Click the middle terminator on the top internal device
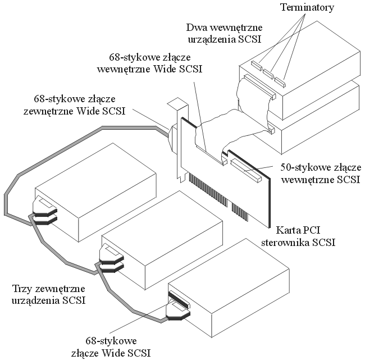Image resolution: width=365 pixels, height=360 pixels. pyautogui.click(x=268, y=71)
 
